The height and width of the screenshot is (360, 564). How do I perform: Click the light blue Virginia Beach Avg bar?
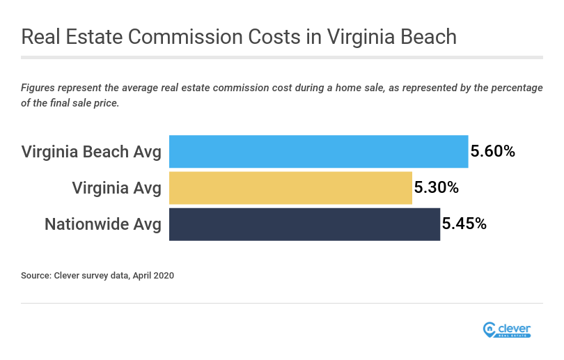coord(318,151)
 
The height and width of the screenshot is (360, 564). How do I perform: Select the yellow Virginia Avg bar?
coord(290,188)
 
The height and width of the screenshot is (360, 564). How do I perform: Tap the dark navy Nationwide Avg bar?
coord(304,224)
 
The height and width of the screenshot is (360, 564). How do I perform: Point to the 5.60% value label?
coord(493,151)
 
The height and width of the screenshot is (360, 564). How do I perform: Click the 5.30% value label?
coord(437,188)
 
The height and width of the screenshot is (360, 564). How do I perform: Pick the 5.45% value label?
coord(464,224)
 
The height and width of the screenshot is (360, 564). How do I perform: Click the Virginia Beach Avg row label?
coord(91,151)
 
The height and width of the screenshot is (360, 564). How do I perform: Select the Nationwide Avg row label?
coord(103,224)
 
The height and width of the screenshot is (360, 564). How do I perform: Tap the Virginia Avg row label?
coord(117,188)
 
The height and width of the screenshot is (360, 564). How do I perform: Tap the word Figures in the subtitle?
coord(38,88)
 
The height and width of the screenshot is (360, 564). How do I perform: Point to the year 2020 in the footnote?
coord(162,276)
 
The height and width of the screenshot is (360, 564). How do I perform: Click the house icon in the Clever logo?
coord(489,329)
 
